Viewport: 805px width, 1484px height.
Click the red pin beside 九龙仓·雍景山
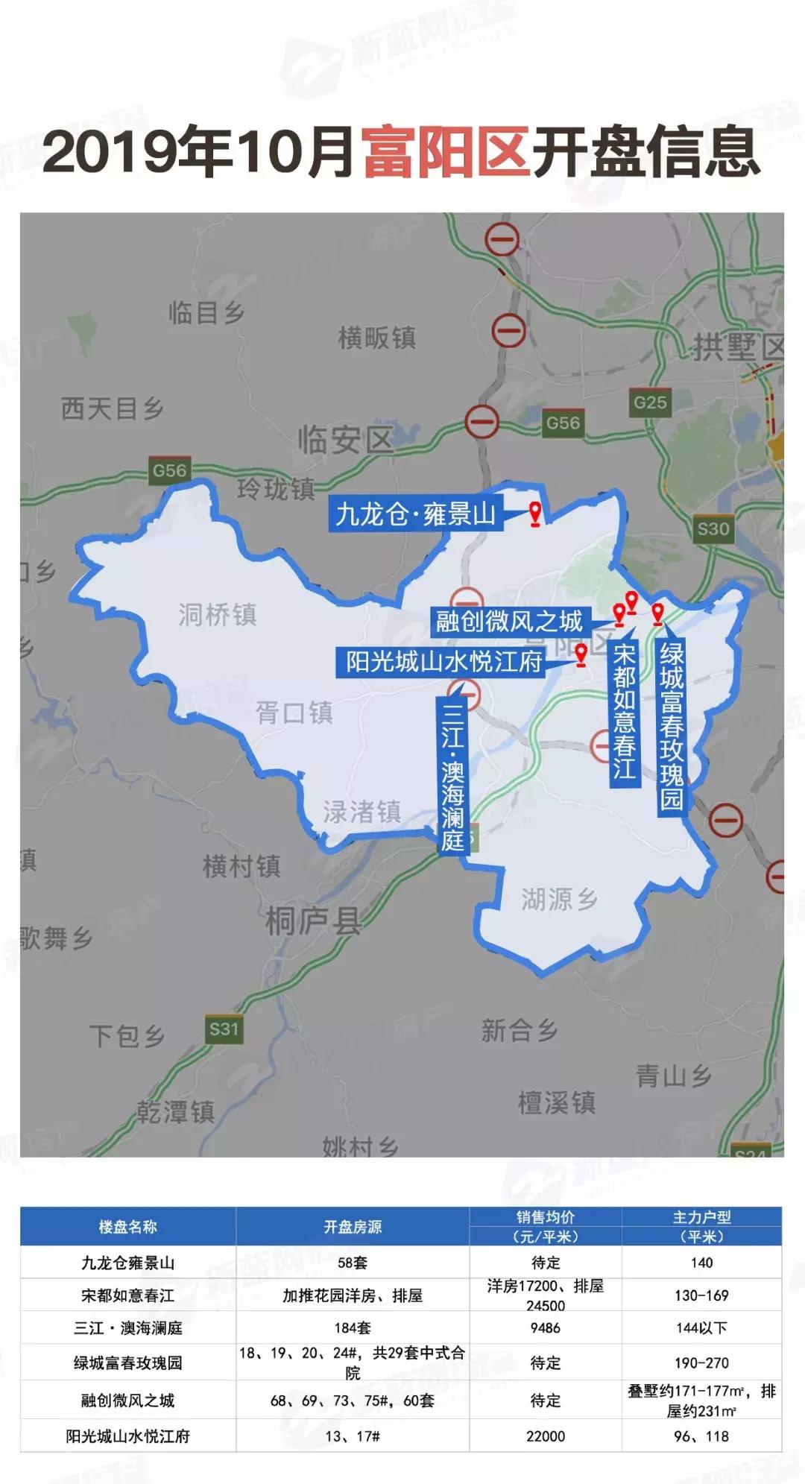[534, 514]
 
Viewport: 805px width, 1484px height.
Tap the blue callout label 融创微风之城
[509, 621]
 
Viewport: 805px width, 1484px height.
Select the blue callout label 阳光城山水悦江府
[443, 661]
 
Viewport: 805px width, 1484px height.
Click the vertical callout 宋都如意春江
[624, 712]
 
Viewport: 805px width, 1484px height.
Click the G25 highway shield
[650, 402]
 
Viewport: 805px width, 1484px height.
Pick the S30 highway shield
[713, 529]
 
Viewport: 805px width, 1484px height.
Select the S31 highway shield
[224, 1029]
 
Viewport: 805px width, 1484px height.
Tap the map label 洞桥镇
[218, 615]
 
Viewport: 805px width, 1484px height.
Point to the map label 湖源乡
[559, 900]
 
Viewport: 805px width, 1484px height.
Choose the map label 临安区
[345, 440]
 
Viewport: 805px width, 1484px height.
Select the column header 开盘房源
[353, 1227]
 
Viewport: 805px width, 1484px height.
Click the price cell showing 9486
[546, 1328]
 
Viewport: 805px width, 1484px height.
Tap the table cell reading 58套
[353, 1263]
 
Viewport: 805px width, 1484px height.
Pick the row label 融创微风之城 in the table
[127, 1401]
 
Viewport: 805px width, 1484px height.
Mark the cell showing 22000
[546, 1436]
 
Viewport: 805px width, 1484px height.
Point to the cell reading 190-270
[701, 1363]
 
